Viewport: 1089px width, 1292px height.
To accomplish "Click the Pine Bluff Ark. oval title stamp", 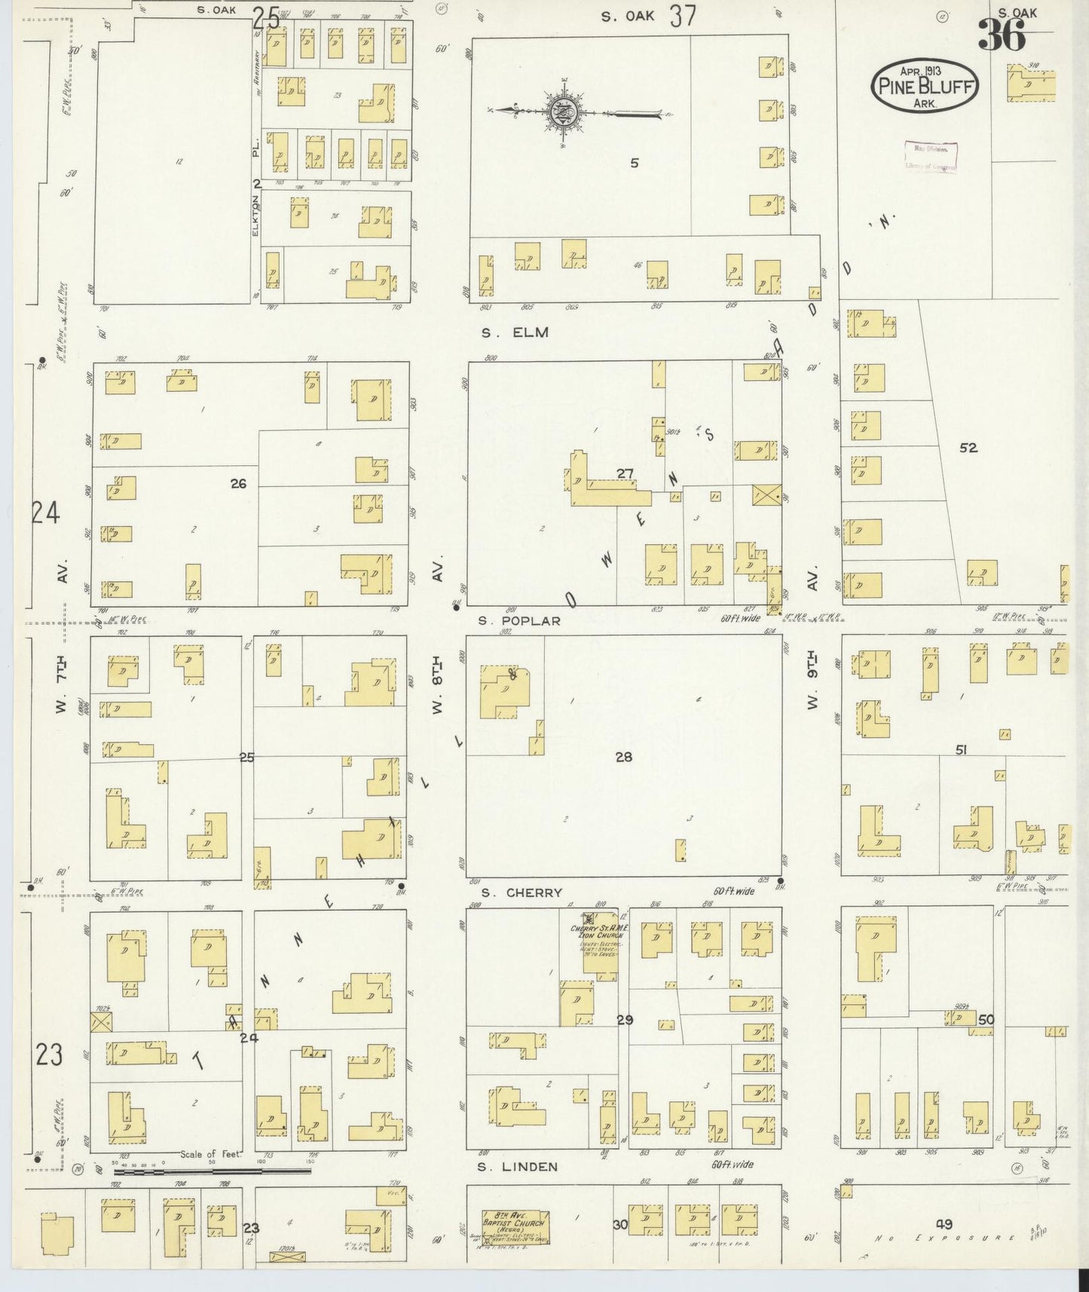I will tap(925, 85).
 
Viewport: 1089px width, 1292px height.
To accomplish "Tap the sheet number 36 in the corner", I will tap(1002, 35).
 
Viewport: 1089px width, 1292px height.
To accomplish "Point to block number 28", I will tap(623, 757).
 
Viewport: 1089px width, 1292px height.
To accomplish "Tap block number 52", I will tap(968, 448).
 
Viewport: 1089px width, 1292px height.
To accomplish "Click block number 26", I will tap(238, 484).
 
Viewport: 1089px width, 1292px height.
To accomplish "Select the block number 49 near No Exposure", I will tap(944, 1223).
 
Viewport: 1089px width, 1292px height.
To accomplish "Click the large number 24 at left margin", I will tap(45, 514).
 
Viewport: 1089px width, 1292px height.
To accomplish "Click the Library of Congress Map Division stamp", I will tap(931, 158).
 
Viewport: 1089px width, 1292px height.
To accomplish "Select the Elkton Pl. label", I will tap(256, 188).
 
